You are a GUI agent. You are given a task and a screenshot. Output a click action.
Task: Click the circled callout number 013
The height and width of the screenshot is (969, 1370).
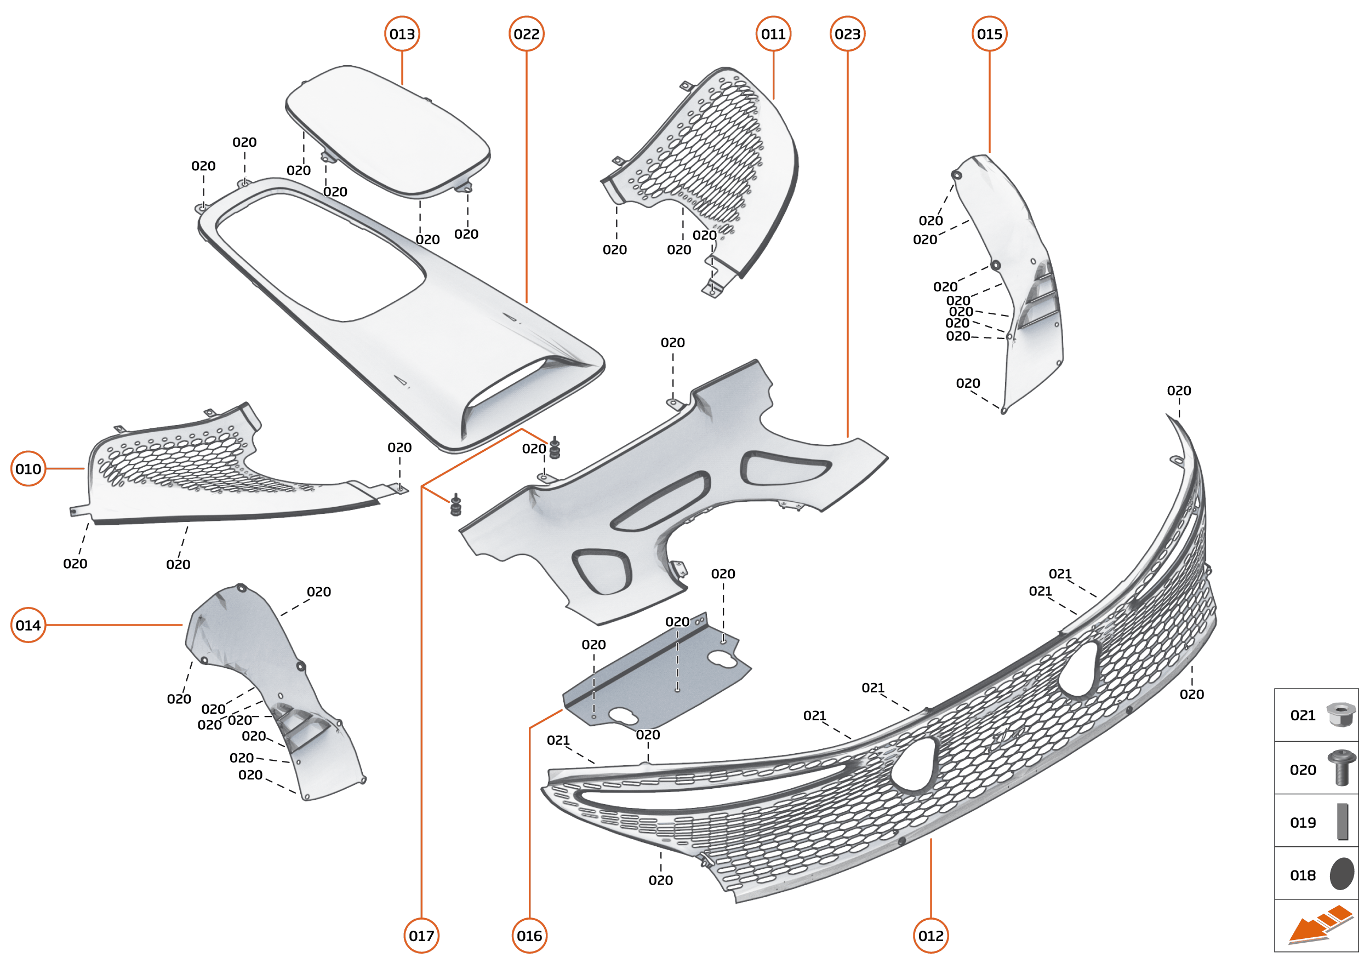402,34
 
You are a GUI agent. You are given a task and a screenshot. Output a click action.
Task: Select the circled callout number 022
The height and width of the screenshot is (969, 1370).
526,34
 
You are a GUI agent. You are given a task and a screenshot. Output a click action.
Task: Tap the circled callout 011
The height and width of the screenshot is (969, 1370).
773,34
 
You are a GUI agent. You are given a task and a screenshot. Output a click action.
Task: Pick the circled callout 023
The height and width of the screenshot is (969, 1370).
847,34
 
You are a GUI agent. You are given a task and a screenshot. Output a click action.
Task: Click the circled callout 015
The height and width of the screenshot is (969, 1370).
989,34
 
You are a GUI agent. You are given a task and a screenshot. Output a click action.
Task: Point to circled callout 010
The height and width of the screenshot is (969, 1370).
28,468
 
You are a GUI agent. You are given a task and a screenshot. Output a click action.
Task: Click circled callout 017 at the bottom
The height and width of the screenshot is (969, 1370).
421,936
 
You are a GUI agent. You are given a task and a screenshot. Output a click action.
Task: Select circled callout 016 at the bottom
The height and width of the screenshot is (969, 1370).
529,936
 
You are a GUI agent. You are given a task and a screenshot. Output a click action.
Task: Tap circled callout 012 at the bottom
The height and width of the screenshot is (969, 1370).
931,936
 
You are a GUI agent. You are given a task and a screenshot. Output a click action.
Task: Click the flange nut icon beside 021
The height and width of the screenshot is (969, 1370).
1340,714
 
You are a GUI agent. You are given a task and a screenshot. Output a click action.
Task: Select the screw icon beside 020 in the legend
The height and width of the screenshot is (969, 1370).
1342,768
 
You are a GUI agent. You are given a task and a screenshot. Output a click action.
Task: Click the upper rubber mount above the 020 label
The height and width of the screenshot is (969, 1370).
555,448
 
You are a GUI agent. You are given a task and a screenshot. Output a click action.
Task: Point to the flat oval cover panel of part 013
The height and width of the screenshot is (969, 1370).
388,131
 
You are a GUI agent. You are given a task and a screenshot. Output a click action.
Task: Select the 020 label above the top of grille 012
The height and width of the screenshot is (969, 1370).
1178,390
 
